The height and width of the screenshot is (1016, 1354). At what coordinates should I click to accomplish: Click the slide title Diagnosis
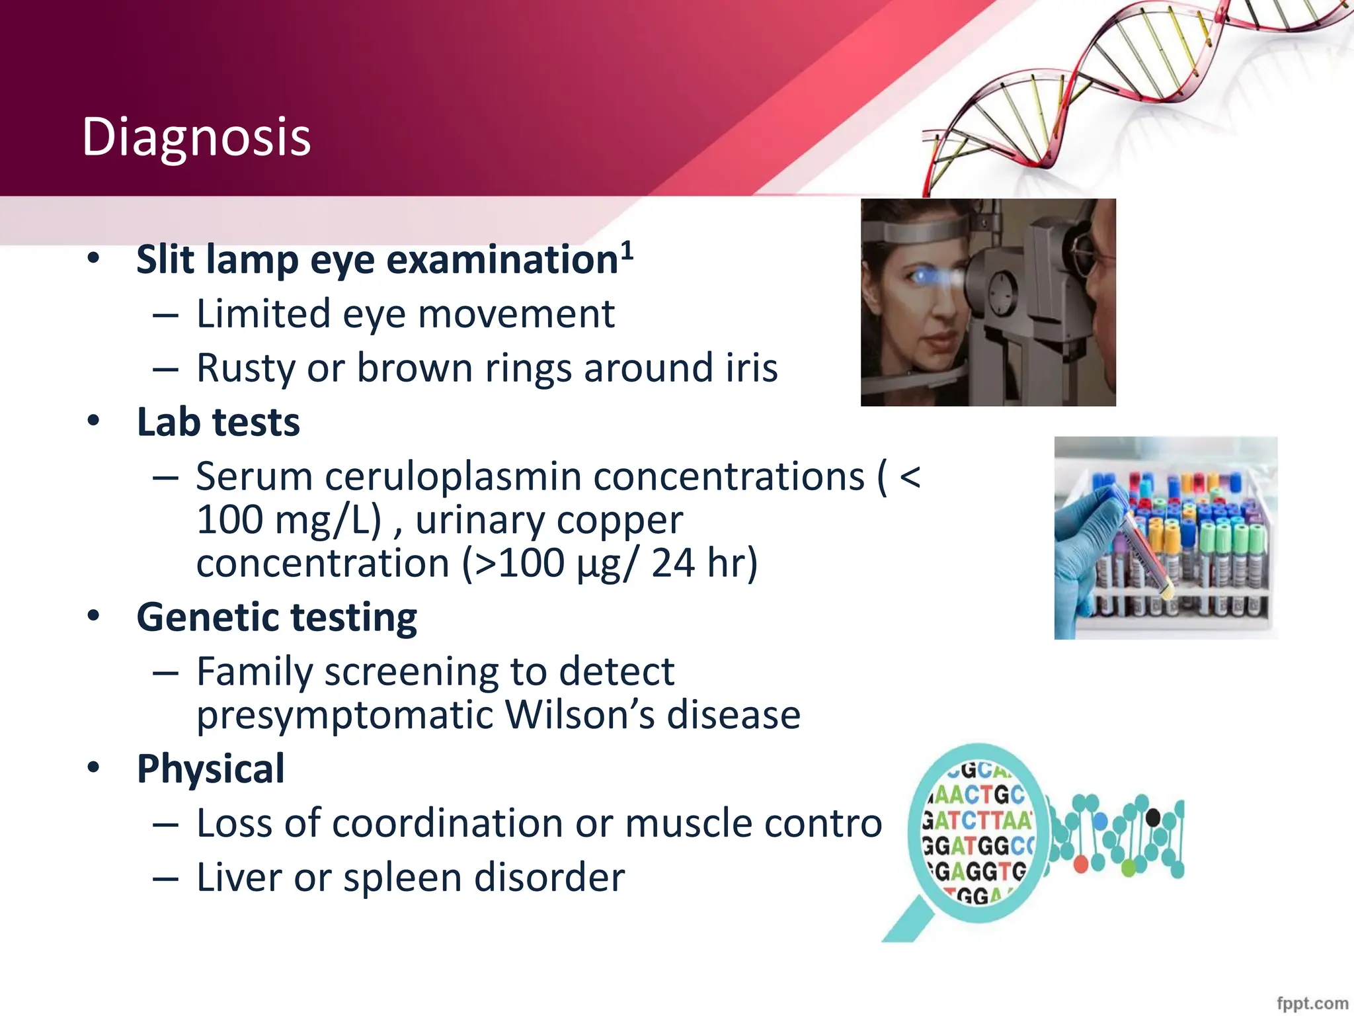tap(196, 137)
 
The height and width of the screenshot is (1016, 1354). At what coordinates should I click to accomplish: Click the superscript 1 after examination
tap(627, 251)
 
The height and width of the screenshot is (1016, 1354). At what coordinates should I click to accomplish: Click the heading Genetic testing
tap(276, 617)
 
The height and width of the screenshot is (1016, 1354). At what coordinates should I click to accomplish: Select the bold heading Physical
tap(210, 769)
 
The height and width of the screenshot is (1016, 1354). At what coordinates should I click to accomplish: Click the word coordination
tap(448, 824)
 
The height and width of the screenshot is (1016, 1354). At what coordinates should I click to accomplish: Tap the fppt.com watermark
tap(1312, 1003)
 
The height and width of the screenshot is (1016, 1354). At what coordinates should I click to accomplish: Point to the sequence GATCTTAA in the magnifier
tap(976, 820)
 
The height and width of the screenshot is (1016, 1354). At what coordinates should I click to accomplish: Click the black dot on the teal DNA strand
tap(1152, 818)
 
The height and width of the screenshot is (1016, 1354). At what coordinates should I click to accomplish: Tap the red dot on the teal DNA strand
tap(1081, 864)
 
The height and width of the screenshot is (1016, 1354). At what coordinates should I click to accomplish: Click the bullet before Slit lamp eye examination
tap(93, 259)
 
